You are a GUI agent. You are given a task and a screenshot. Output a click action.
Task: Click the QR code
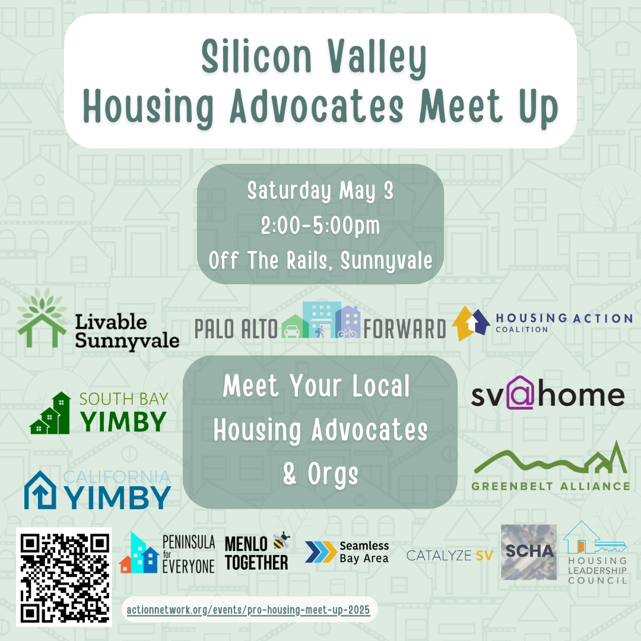(64, 576)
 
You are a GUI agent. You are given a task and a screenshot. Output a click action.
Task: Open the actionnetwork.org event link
(248, 610)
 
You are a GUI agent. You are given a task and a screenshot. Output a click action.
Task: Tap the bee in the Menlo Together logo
(281, 540)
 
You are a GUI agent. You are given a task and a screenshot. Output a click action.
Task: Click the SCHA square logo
(529, 552)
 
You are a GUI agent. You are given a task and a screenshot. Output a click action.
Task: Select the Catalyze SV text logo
(450, 556)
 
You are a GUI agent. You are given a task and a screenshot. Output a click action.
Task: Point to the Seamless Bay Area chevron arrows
(321, 552)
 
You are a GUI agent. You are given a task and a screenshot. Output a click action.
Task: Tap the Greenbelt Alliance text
(551, 486)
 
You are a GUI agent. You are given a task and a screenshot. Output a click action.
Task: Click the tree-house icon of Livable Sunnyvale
(42, 318)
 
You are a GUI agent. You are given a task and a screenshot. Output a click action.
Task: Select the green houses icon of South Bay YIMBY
(50, 413)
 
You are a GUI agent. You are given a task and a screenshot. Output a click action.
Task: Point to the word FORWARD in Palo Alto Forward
(404, 329)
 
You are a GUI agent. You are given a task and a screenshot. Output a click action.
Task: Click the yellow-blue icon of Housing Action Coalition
(471, 323)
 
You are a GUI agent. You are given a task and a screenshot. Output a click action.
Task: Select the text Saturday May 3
(320, 191)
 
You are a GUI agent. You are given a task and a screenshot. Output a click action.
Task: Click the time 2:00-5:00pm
(320, 226)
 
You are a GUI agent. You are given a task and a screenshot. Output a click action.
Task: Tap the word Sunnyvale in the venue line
(386, 261)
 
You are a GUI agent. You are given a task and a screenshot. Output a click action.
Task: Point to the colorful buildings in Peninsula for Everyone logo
(139, 553)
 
